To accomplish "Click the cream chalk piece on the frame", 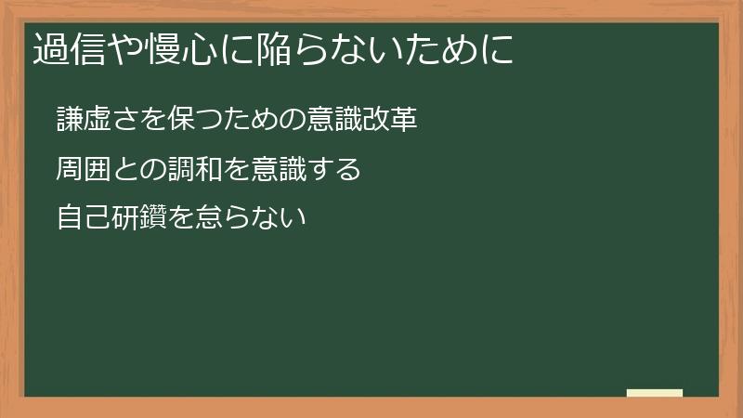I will pyautogui.click(x=654, y=393).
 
